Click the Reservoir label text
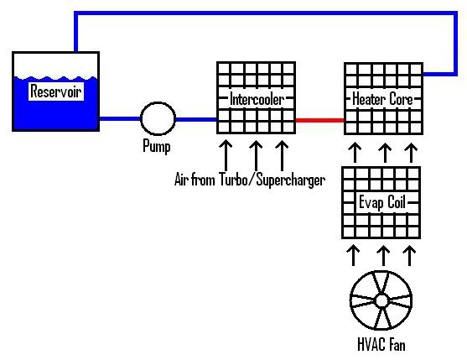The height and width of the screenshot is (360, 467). (x=56, y=91)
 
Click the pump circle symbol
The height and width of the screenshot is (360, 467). (x=157, y=119)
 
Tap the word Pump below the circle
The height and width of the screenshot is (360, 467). (x=157, y=148)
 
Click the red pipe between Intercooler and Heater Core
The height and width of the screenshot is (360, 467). (x=319, y=120)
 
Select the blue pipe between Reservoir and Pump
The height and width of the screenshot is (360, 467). (x=118, y=119)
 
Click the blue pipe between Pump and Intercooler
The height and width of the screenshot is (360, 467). (x=195, y=119)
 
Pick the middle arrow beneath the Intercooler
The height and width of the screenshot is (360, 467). (x=254, y=154)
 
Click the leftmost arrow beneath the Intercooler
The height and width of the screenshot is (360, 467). (x=225, y=154)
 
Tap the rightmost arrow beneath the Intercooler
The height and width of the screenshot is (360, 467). (x=282, y=154)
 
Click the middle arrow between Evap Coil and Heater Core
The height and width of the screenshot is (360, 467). (x=383, y=153)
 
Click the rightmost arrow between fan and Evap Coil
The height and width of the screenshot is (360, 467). (x=410, y=253)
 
